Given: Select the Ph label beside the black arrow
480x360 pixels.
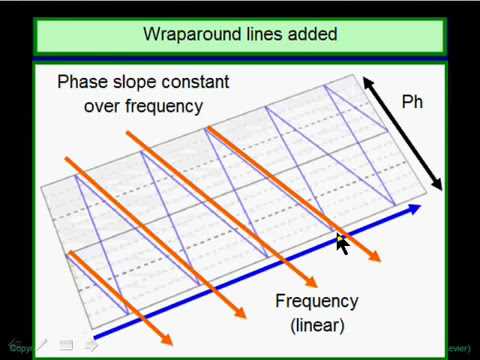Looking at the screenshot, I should click(412, 101).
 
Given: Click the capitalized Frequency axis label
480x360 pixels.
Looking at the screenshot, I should click(316, 300).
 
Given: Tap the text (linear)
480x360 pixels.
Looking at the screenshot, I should click(317, 324).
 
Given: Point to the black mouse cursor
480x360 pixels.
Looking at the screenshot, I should click(341, 243).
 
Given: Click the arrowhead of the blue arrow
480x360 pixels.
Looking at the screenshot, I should click(411, 211).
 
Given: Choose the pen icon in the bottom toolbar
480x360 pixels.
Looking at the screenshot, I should click(39, 346).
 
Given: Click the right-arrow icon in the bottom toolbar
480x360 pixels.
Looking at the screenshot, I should click(91, 346).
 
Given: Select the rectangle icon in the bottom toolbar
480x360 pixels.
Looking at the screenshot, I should click(65, 346).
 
